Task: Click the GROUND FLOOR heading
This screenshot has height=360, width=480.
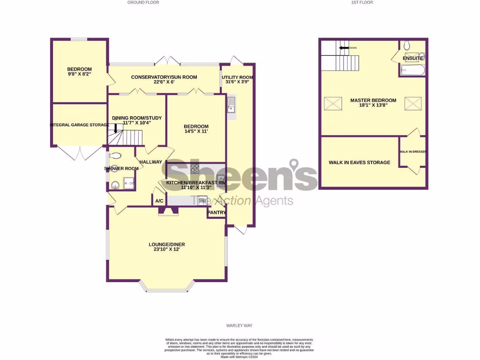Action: click(x=143, y=2)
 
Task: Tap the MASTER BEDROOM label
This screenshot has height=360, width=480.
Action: click(x=373, y=100)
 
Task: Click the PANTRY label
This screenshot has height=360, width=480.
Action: click(x=217, y=213)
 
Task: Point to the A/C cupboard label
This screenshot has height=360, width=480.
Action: click(x=159, y=201)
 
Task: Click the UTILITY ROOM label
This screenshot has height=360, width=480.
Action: click(x=238, y=77)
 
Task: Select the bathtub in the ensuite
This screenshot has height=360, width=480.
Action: click(x=412, y=71)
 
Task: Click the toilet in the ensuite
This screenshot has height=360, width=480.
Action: click(x=407, y=45)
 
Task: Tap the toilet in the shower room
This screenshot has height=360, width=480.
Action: click(x=115, y=156)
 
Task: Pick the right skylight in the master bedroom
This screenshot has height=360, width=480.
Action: click(x=412, y=103)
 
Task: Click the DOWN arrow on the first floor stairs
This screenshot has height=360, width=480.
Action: click(x=345, y=48)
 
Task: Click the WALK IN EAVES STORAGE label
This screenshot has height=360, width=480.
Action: click(x=359, y=163)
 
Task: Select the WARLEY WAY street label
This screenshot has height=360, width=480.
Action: click(x=239, y=325)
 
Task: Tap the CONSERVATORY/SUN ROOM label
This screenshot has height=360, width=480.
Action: click(x=164, y=77)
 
